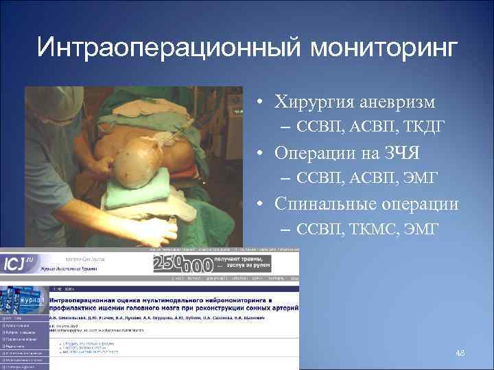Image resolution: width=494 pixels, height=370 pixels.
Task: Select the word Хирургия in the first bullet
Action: point(315,103)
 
